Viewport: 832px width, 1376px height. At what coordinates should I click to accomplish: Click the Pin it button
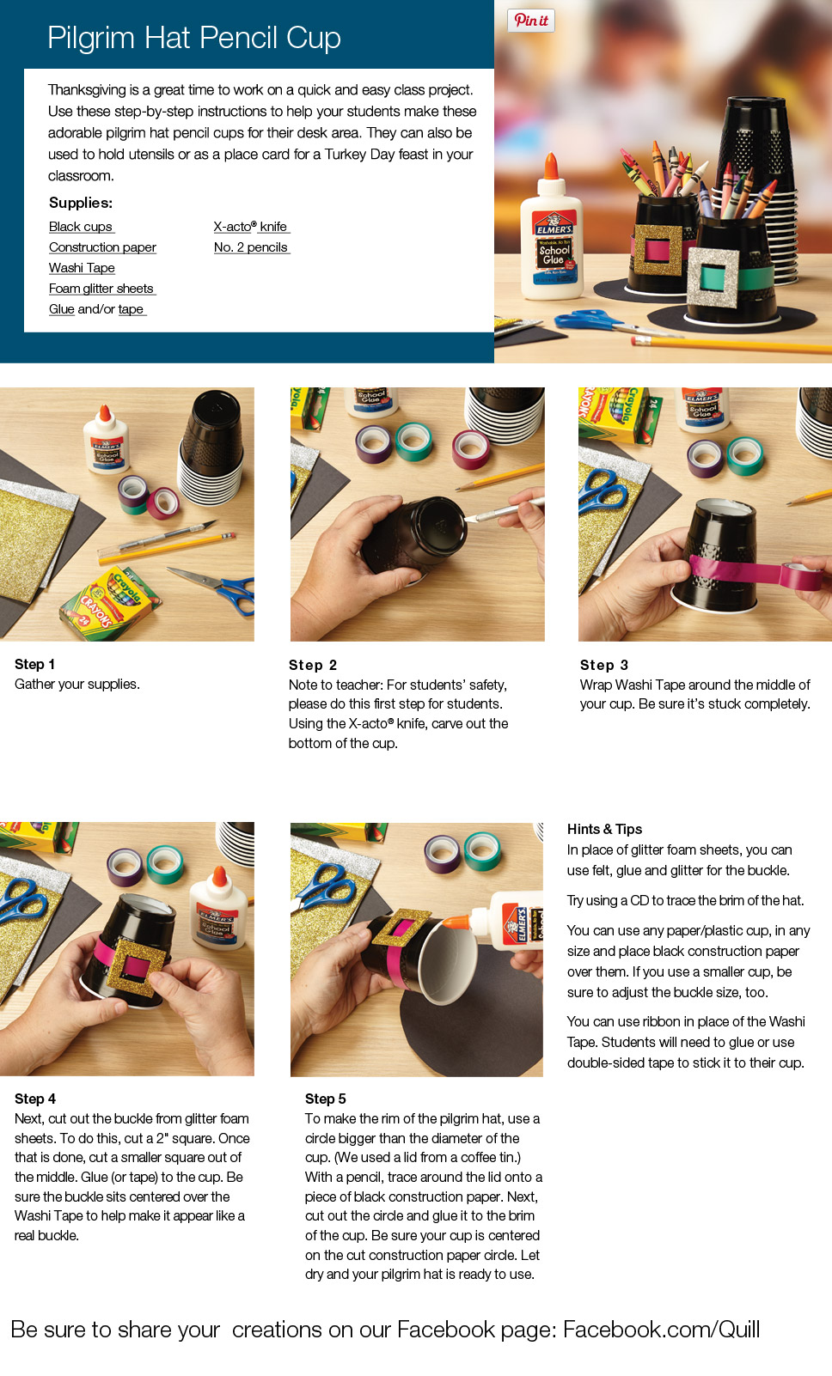tap(531, 21)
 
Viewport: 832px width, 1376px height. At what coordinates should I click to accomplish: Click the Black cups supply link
tap(81, 227)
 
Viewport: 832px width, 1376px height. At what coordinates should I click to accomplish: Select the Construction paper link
tap(102, 247)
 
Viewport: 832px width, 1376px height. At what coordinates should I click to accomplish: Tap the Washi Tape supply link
tap(82, 268)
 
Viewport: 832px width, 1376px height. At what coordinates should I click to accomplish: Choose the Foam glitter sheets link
tap(101, 289)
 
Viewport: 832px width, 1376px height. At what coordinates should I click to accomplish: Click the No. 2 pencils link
tap(251, 247)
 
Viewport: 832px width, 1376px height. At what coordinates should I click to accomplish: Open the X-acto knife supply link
tap(251, 227)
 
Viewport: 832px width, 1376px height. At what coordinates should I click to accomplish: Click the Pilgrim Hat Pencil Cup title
tap(194, 38)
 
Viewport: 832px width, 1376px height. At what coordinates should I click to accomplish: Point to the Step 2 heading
tap(313, 665)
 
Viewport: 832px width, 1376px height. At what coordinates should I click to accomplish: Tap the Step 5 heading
tap(326, 1099)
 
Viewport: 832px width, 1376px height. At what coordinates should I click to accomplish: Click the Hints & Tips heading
tap(604, 829)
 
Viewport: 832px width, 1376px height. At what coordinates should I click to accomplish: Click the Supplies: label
tap(81, 203)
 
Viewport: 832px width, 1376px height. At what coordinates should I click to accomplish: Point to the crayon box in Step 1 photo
tap(111, 603)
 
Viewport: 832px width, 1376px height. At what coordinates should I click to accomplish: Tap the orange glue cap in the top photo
tap(551, 167)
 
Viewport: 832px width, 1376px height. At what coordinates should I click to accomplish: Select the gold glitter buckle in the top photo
tap(658, 250)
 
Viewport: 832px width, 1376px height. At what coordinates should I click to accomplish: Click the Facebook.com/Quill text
tap(661, 1330)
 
